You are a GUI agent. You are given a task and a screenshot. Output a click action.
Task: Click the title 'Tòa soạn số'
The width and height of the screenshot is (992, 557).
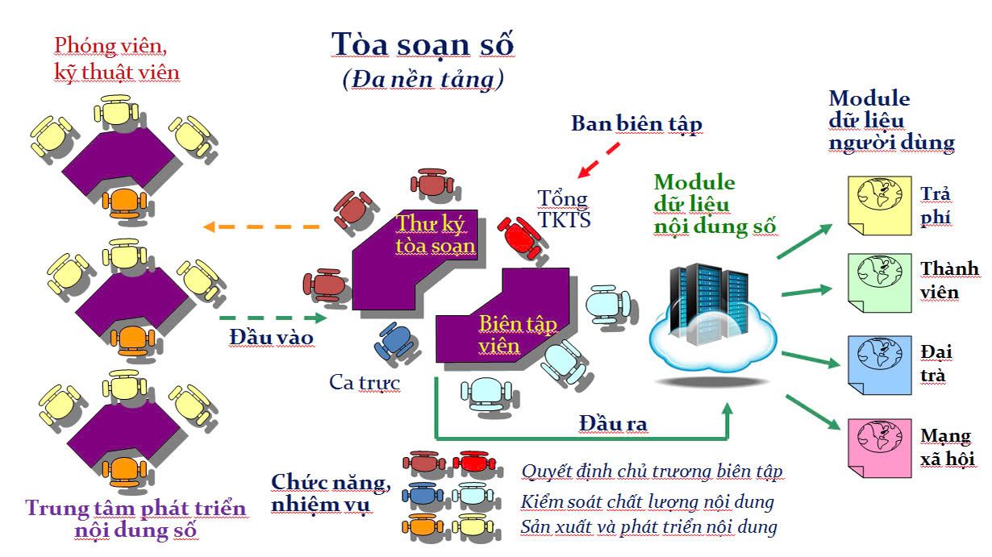(x=423, y=45)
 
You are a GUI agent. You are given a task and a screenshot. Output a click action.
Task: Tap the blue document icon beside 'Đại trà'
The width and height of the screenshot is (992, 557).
(x=878, y=364)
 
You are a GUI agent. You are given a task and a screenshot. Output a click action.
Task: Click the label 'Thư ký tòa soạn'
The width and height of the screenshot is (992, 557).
(x=436, y=233)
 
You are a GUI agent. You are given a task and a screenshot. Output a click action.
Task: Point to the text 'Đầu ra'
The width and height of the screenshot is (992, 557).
(x=613, y=422)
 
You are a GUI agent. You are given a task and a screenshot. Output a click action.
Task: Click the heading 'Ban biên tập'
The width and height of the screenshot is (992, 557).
(x=636, y=123)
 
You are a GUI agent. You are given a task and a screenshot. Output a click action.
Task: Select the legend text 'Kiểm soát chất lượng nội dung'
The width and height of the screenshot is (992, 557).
(x=647, y=502)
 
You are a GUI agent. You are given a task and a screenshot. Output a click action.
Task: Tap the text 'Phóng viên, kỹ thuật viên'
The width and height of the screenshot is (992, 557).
(x=117, y=58)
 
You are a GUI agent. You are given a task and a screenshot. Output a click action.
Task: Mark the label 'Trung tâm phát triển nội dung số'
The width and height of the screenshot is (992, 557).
(x=135, y=519)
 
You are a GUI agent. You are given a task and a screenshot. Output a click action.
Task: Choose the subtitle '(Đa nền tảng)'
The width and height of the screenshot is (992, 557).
(x=423, y=79)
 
